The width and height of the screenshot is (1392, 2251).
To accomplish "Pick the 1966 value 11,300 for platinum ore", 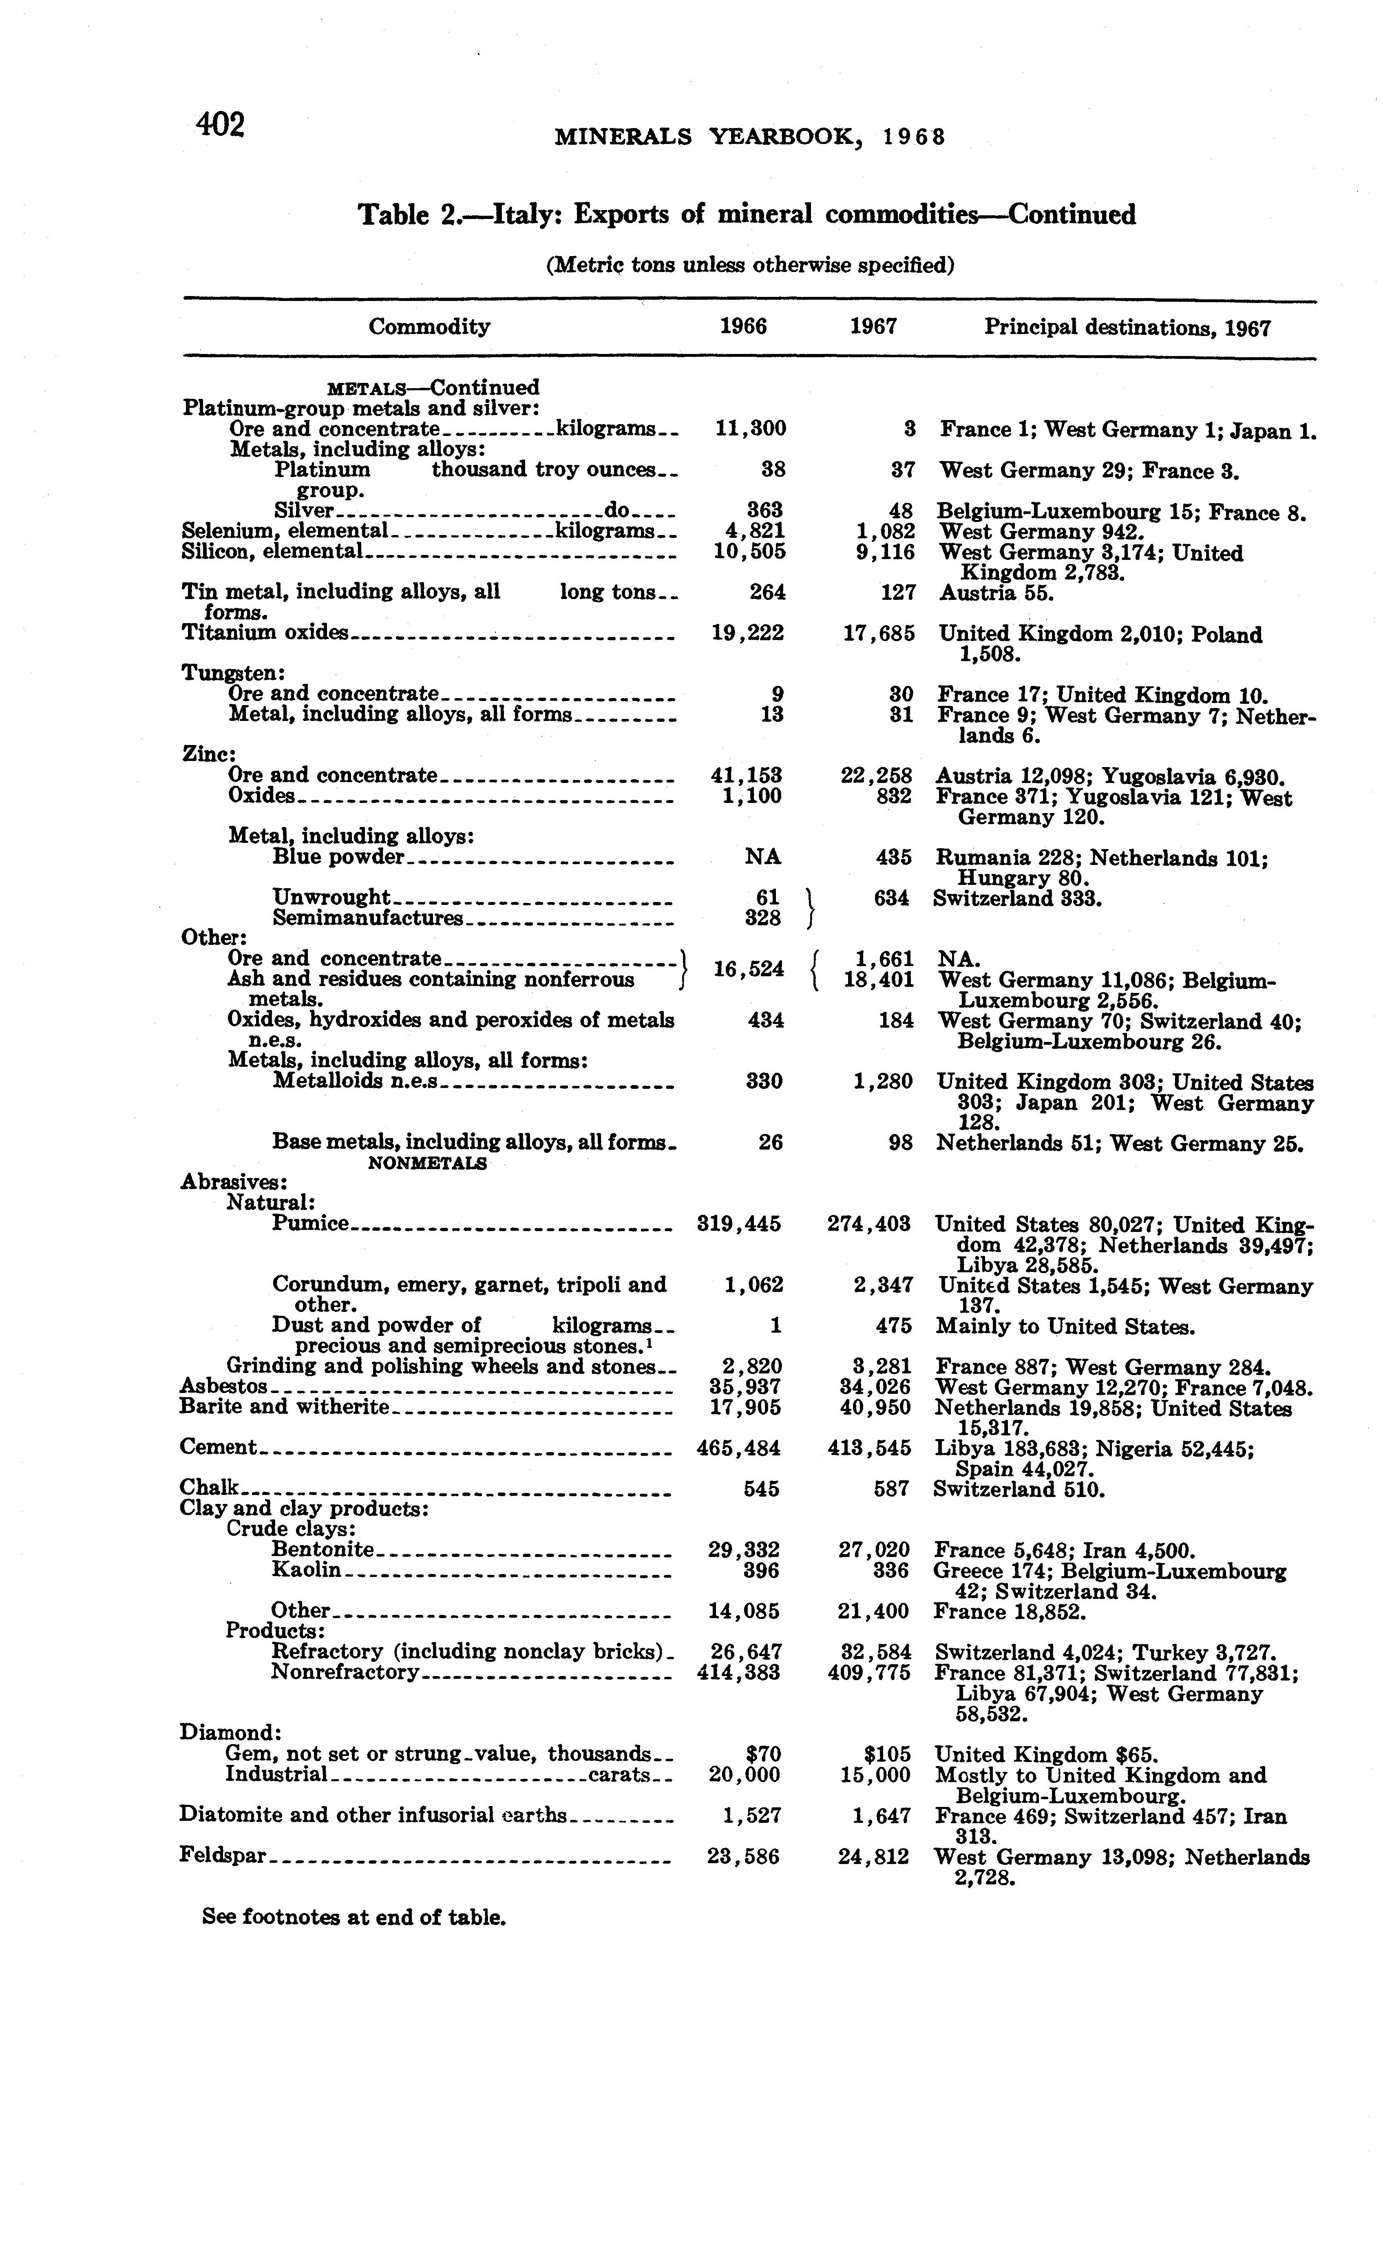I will coord(750,429).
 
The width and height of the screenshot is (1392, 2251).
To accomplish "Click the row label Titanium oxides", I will coord(266,632).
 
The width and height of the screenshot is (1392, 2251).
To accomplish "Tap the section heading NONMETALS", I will coord(427,1163).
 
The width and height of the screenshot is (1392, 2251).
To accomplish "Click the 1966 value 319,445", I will coord(739,1223).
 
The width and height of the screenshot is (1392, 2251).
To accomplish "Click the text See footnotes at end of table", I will coord(354,1918).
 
